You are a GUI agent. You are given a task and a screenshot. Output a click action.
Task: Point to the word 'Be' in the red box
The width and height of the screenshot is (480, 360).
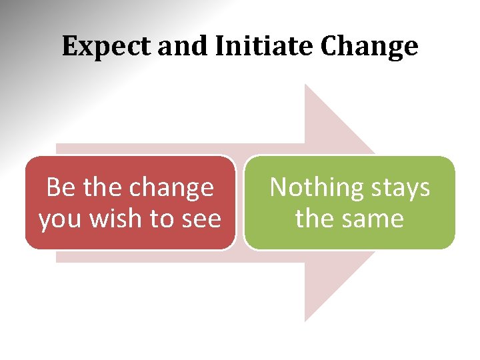click(61, 188)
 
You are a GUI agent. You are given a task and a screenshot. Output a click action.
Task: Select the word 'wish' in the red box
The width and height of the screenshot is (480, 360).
click(121, 219)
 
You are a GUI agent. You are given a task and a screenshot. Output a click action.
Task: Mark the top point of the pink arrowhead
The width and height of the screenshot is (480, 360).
click(305, 85)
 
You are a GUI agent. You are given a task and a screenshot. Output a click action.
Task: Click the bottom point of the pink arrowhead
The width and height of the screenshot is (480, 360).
click(305, 321)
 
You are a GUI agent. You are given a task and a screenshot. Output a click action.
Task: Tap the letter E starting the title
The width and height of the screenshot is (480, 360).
click(69, 46)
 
